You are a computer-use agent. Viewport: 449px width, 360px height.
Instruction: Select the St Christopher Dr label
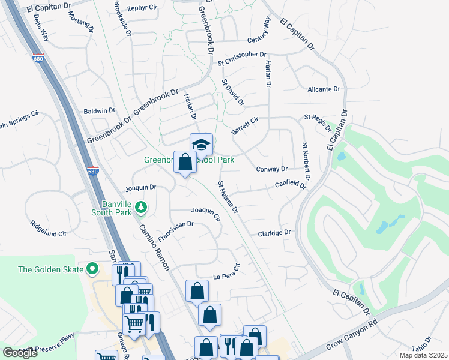coord(242,55)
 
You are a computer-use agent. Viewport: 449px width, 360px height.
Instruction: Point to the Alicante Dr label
coord(324,89)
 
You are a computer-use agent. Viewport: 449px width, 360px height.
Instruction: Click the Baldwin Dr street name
coord(100,110)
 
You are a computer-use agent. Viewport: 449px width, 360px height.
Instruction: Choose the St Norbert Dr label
coord(306,161)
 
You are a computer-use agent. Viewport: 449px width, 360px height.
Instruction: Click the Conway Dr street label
coord(272,169)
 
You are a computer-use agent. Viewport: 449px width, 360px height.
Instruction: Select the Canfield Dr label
coord(291,185)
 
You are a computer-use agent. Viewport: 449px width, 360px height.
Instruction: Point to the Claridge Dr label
coord(274,233)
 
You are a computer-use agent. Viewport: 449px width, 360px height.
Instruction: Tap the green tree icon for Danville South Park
coord(141,207)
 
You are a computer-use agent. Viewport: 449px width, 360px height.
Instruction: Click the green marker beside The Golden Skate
coord(92,269)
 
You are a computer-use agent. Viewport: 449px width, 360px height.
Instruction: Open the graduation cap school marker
coord(202,145)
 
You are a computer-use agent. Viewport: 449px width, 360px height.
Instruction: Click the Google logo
coord(20,353)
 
